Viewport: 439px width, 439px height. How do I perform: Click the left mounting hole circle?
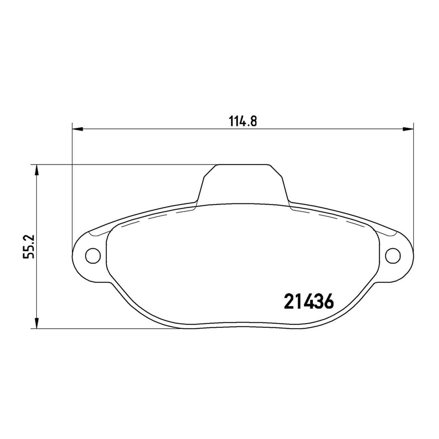click(x=92, y=255)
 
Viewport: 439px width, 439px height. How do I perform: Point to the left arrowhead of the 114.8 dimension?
click(x=77, y=129)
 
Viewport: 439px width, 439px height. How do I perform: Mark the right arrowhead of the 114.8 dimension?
click(x=408, y=129)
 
